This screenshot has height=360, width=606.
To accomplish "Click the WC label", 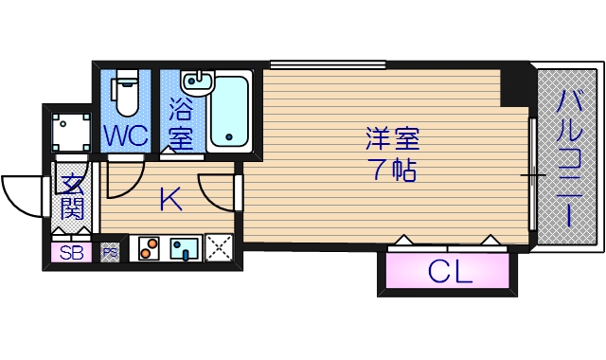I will coord(126,136).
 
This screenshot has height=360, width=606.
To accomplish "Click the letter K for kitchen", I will coord(170,200).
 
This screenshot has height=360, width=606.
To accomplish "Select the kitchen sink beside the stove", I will coord(184,248).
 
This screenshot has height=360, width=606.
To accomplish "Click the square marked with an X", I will coord(220,247).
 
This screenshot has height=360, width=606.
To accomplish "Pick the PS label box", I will coord(111,253).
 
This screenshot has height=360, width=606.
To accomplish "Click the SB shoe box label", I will coord(71,253).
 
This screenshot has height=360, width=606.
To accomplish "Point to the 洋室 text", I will coord(392,139).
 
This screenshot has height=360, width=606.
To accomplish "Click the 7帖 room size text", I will coord(392,171).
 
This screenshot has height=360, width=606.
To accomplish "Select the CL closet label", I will coord(450,274).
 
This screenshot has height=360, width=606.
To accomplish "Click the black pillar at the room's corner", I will coord(516,85).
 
